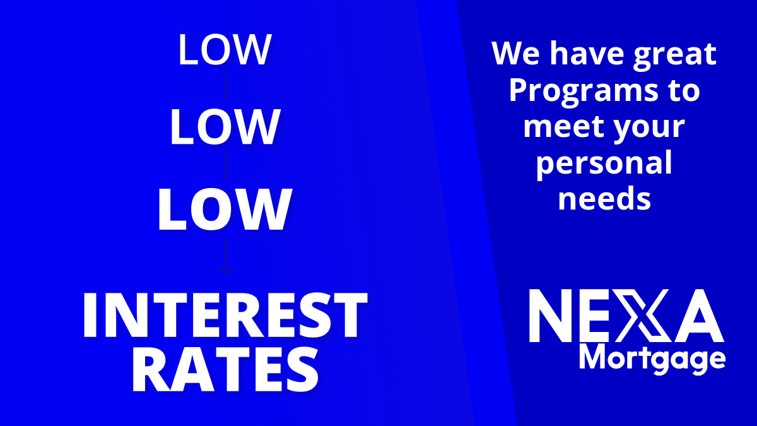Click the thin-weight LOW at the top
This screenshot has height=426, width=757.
(x=225, y=49)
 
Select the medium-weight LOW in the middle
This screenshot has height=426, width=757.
(x=225, y=127)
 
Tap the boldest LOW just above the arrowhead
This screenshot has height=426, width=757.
(x=225, y=210)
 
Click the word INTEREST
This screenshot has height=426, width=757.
(x=225, y=315)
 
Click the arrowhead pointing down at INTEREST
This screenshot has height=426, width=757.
(x=226, y=271)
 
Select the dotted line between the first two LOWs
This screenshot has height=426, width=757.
(x=226, y=86)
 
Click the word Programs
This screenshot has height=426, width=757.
(x=584, y=92)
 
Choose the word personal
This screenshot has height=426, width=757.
(x=604, y=164)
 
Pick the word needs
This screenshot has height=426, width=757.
(x=604, y=198)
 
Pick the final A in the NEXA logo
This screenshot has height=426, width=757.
(x=699, y=316)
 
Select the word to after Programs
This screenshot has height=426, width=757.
(x=683, y=91)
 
